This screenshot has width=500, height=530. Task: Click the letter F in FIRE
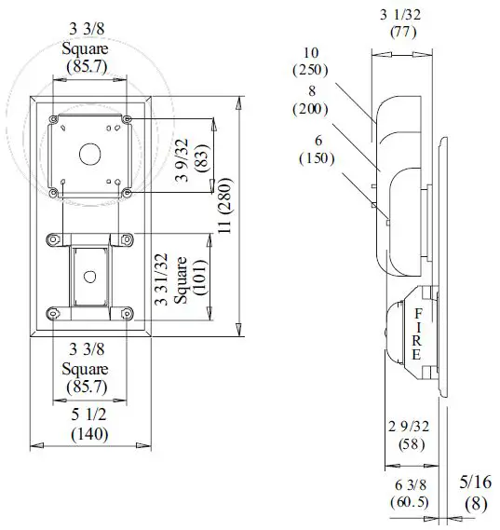[x=418, y=313]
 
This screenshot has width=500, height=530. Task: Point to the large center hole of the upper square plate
[x=90, y=152]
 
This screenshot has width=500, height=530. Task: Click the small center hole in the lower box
[x=88, y=277]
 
